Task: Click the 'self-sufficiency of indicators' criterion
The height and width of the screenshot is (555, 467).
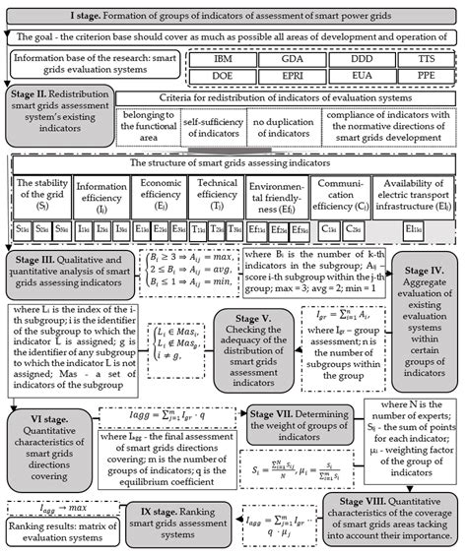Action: (201, 148)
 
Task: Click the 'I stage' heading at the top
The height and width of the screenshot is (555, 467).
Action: (233, 15)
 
